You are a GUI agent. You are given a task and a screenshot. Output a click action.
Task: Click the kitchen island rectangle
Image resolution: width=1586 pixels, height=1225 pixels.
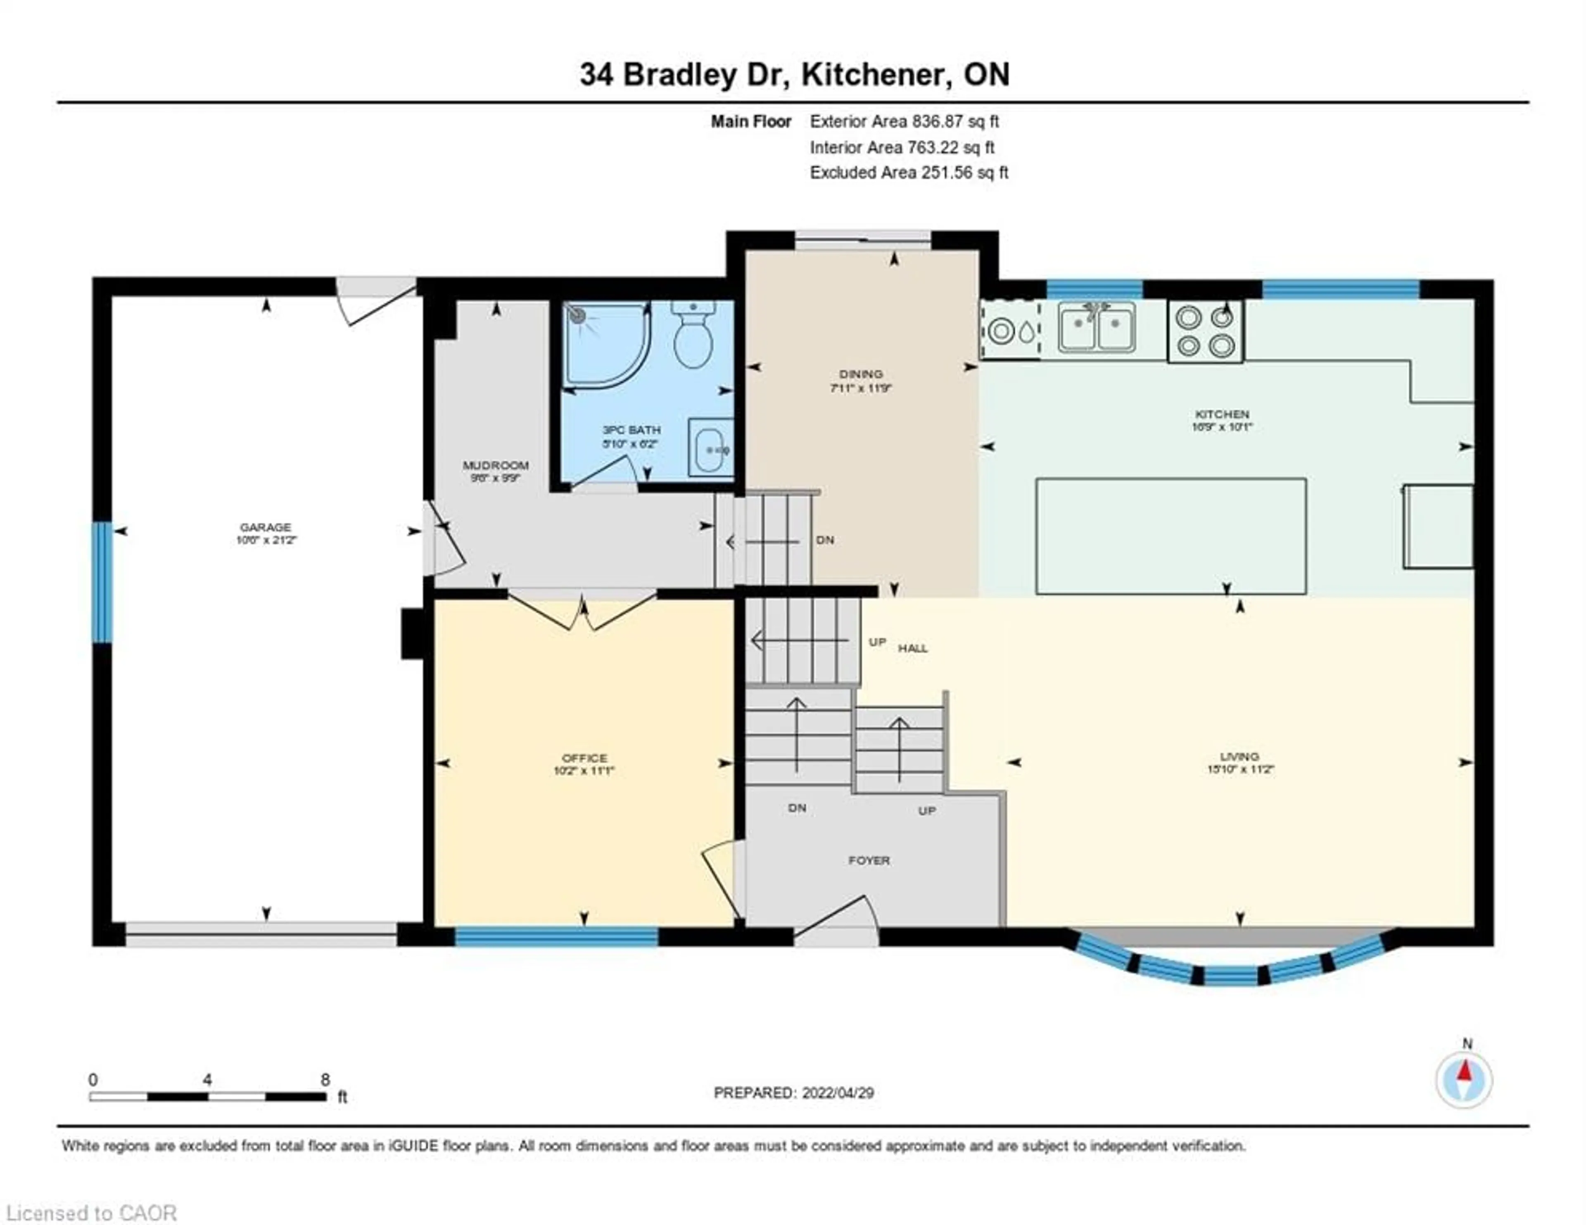click(x=1171, y=536)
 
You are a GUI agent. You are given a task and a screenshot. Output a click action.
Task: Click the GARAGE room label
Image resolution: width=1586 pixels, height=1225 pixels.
click(x=266, y=527)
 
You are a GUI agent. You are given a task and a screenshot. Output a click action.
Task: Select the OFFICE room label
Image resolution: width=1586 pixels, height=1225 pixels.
click(x=584, y=757)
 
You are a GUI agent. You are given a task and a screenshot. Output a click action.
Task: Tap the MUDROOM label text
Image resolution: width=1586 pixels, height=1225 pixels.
click(x=496, y=465)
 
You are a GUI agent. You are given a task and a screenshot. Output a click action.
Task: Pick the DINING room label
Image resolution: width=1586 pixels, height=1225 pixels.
click(x=861, y=374)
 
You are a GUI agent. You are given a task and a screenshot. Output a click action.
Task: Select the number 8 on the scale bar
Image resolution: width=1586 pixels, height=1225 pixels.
click(x=325, y=1080)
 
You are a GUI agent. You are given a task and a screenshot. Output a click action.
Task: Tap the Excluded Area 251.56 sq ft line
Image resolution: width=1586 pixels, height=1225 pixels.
click(x=909, y=173)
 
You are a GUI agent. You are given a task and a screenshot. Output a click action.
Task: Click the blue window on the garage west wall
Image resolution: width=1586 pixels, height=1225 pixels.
click(x=102, y=583)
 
